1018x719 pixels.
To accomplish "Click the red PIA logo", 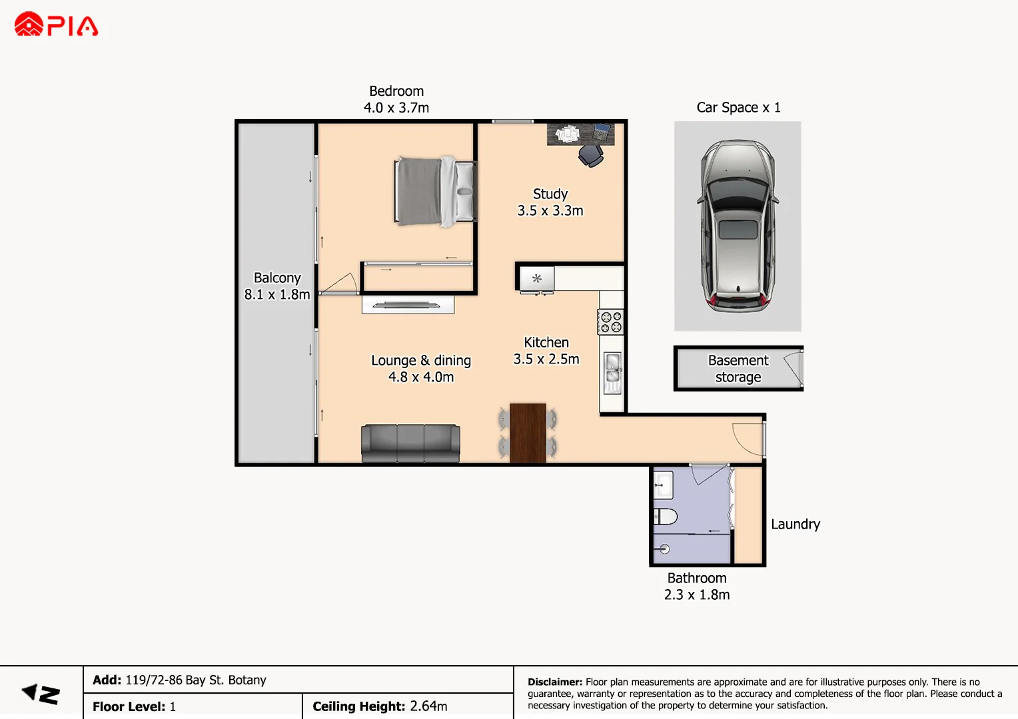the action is (x=56, y=24).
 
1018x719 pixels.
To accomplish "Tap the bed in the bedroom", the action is (x=435, y=191).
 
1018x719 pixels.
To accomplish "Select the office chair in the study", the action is (x=591, y=156).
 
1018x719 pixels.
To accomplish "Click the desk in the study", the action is (x=580, y=134).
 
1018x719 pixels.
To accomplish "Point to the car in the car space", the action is (x=738, y=226).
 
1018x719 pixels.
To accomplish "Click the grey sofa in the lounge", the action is (x=410, y=443).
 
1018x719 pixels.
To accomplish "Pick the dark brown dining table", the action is (x=528, y=433).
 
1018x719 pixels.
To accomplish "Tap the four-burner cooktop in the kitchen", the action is (x=611, y=322).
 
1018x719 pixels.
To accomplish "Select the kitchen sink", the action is (x=613, y=373).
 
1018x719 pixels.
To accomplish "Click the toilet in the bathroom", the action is (x=666, y=517).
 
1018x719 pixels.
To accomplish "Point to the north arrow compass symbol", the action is (x=41, y=694).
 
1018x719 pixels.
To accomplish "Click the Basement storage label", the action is (x=738, y=368).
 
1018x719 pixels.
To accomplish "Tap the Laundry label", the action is (x=795, y=524).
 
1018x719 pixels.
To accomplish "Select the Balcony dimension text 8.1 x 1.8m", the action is (x=277, y=294).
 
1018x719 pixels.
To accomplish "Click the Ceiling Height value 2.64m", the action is (x=428, y=706).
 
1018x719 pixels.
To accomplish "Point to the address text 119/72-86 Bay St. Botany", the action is (x=196, y=680).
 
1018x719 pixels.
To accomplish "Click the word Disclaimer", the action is (x=555, y=682).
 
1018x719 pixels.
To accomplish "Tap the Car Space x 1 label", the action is (x=738, y=107).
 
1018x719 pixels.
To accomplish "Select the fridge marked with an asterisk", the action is (x=537, y=278).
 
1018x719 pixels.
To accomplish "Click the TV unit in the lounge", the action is (x=408, y=304).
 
